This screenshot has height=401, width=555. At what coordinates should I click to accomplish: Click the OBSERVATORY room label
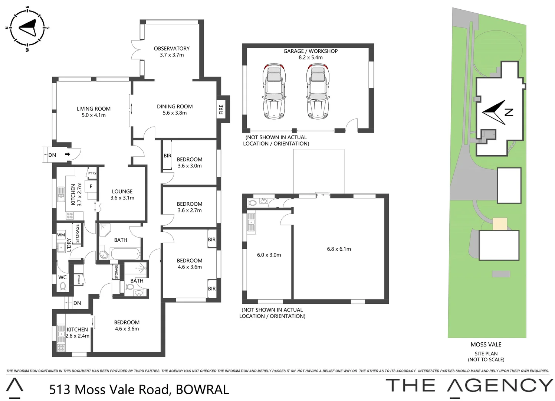pyautogui.click(x=171, y=49)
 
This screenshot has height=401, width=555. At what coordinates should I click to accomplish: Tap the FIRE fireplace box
pyautogui.click(x=221, y=109)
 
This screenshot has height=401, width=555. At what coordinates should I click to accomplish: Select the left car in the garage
pyautogui.click(x=273, y=91)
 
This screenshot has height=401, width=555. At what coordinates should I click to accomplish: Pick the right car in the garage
pyautogui.click(x=318, y=91)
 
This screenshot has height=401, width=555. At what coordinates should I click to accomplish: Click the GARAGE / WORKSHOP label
pyautogui.click(x=311, y=51)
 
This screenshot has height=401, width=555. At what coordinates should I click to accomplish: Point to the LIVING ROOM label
pyautogui.click(x=93, y=109)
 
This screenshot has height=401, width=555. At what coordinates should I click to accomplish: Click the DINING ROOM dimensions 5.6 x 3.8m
pyautogui.click(x=175, y=113)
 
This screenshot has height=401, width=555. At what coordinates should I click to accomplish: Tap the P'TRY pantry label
pyautogui.click(x=92, y=173)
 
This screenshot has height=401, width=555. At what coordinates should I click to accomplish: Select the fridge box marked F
pyautogui.click(x=91, y=186)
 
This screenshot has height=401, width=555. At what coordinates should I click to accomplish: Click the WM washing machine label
pyautogui.click(x=61, y=235)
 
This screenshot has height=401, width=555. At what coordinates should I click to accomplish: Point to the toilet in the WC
pyautogui.click(x=63, y=287)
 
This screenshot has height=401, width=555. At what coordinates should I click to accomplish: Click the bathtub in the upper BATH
pyautogui.click(x=125, y=254)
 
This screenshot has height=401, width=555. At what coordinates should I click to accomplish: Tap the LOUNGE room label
pyautogui.click(x=122, y=192)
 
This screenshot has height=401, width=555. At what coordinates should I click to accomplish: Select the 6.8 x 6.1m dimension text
pyautogui.click(x=339, y=249)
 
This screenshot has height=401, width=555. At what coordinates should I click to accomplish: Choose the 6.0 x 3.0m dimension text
pyautogui.click(x=269, y=255)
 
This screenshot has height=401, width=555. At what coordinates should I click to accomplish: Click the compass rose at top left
pyautogui.click(x=27, y=27)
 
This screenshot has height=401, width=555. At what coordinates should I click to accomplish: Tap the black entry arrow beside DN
pyautogui.click(x=68, y=154)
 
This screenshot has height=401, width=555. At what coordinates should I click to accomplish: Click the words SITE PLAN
pyautogui.click(x=486, y=353)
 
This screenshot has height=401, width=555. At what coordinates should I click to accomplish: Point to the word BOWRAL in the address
pyautogui.click(x=202, y=389)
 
